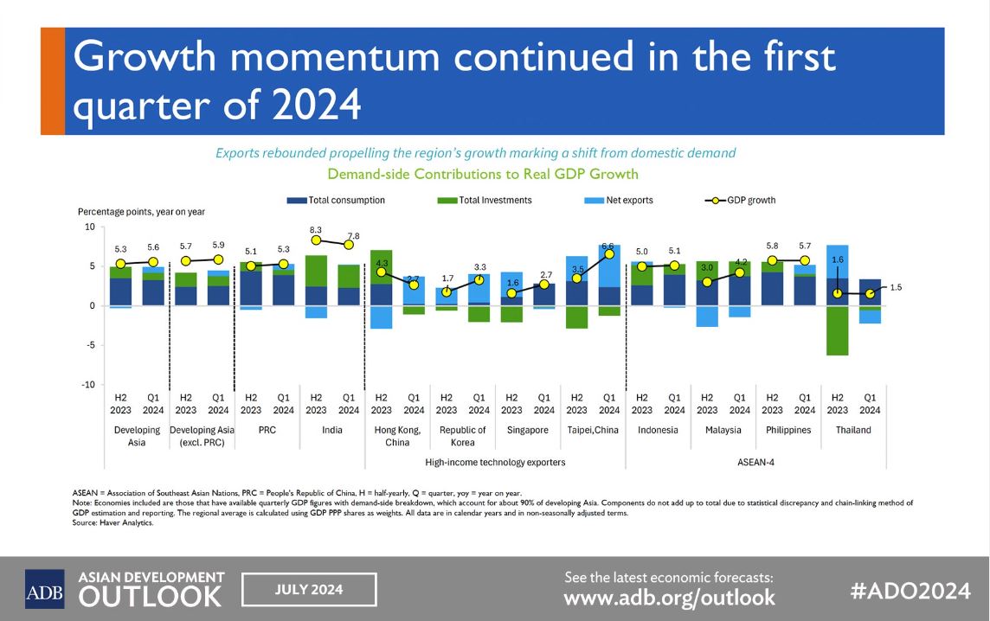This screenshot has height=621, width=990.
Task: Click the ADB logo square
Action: tap(44, 589)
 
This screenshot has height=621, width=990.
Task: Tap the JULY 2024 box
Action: tap(310, 590)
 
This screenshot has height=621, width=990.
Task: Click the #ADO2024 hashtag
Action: tap(910, 591)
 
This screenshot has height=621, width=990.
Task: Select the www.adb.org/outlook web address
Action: tap(669, 598)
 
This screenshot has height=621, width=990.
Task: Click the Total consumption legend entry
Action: tap(336, 200)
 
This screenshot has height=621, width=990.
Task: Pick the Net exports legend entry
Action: tap(619, 200)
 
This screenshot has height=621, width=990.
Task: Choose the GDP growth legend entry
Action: tap(740, 200)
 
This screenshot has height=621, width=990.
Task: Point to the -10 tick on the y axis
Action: tap(89, 385)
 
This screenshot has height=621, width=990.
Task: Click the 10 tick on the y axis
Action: tap(90, 227)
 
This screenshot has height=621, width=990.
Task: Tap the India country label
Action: tap(332, 430)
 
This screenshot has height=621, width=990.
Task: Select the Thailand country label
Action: tap(853, 430)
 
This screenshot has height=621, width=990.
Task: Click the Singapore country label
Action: tap(528, 430)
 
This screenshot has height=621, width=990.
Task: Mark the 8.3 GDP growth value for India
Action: tap(316, 230)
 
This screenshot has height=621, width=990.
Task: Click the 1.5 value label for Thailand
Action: tap(896, 287)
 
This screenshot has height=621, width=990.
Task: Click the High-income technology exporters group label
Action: tap(495, 462)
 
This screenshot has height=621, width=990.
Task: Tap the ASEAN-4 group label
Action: tap(755, 462)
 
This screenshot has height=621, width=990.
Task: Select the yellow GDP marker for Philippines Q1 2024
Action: tap(805, 260)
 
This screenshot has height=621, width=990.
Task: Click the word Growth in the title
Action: tap(145, 56)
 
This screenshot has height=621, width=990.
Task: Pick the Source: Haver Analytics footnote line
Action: tap(113, 522)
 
